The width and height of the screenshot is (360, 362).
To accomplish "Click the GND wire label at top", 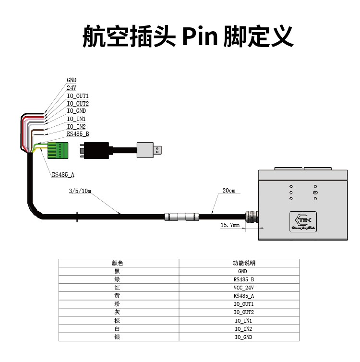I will tap(72, 80).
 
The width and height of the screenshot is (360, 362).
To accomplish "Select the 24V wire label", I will tap(72, 88).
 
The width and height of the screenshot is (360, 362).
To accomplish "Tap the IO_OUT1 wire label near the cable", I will tap(78, 96).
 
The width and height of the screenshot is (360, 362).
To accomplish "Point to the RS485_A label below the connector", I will tap(63, 175).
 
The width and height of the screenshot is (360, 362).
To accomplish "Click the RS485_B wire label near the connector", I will tap(78, 134).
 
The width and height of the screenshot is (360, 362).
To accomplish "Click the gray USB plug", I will tap(149, 150).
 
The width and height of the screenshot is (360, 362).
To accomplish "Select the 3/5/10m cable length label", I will tap(80, 191).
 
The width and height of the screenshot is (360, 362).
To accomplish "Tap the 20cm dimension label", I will tap(229, 191).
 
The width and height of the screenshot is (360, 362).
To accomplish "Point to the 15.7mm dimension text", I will tap(230, 225).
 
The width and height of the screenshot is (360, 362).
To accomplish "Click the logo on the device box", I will tap(302, 221).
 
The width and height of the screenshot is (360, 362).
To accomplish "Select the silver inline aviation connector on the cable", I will tap(181, 217).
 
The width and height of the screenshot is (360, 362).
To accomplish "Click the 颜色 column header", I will tap(118, 263).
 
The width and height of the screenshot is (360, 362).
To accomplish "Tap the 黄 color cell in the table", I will tap(118, 296).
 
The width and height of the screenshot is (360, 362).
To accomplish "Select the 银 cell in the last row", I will tap(118, 337).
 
